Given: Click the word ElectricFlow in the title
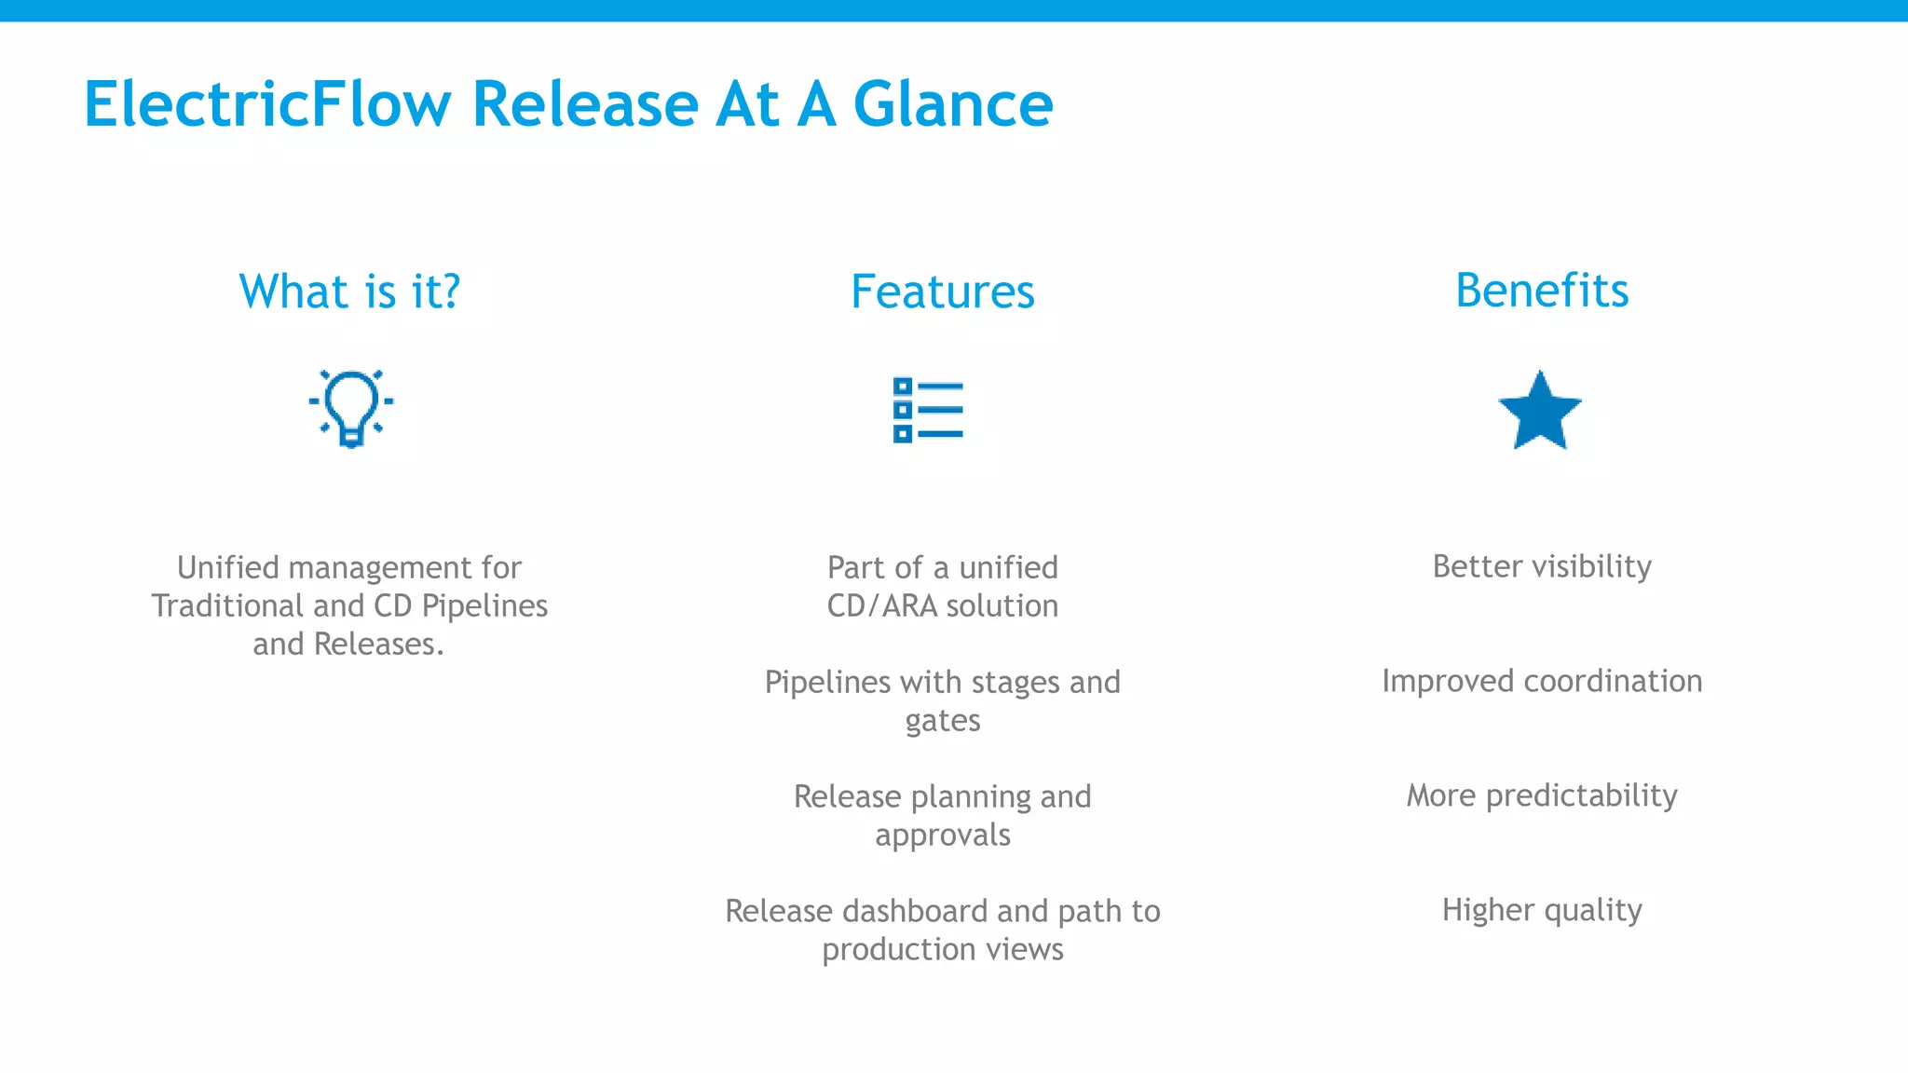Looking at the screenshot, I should point(267,103).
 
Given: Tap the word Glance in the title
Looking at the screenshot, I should point(952,103).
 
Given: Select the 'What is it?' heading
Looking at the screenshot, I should point(349,292).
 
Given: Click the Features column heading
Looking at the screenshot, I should point(942,292).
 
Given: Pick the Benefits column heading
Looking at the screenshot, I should point(1542,291).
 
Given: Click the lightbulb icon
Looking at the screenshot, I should point(351,408).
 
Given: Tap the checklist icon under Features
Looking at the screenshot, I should point(928,410).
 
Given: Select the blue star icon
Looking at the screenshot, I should point(1540,412).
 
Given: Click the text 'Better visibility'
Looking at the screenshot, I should point(1542,566).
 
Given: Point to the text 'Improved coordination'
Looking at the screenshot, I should point(1542,681).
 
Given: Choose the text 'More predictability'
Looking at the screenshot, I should point(1542,795).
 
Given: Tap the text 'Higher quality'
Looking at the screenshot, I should point(1542,910).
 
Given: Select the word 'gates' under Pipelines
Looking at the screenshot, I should point(942,721).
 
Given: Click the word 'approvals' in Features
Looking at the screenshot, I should point(942,835).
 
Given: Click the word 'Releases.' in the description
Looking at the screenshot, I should point(378,645).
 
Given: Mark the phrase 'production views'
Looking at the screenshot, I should point(942,949).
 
